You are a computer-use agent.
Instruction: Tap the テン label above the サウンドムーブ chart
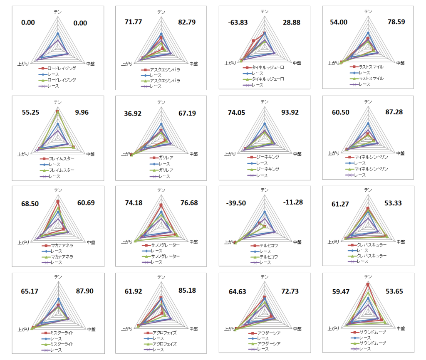tap(368, 276)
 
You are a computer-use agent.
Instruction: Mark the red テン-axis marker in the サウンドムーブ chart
tap(368, 284)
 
